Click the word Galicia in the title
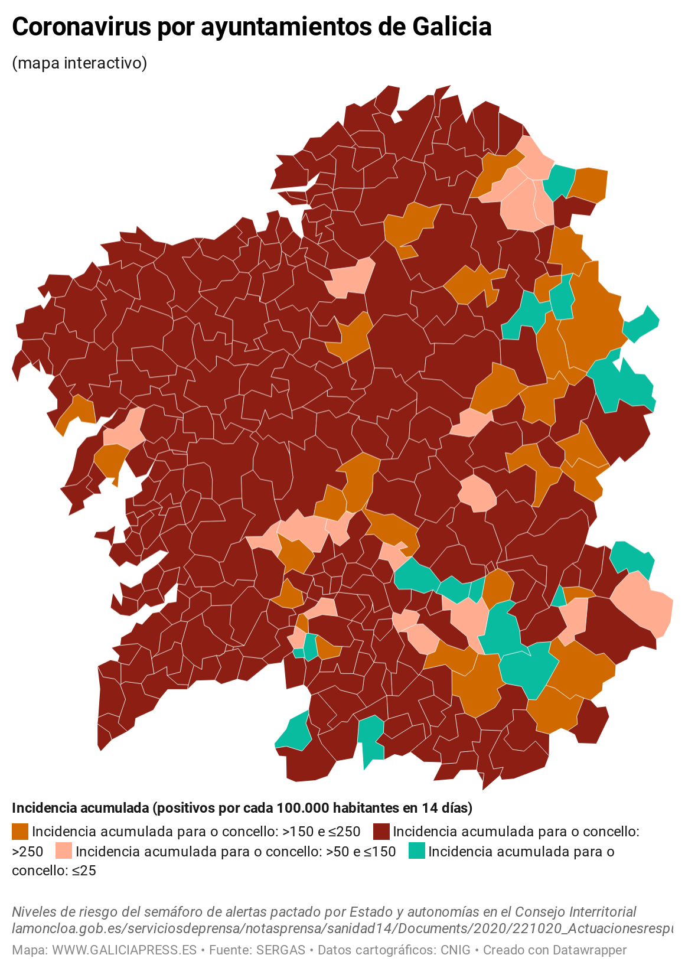[x=451, y=27]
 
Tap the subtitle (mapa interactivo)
[x=79, y=63]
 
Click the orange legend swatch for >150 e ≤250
[x=20, y=832]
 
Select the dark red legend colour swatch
[x=381, y=832]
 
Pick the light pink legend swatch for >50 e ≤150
[x=63, y=851]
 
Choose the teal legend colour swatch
[x=417, y=851]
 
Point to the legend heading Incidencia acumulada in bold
[x=80, y=807]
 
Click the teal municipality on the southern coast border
[x=294, y=732]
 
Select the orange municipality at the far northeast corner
[x=590, y=184]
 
